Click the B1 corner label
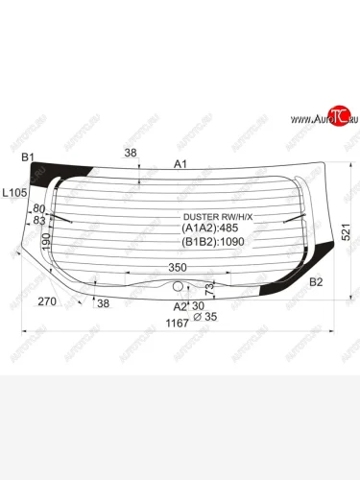[28, 156]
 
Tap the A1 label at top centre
[180, 164]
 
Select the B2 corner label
[316, 281]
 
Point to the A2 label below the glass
[179, 306]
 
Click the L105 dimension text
[14, 193]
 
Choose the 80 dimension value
[39, 208]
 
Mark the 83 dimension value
[39, 220]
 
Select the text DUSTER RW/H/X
[218, 216]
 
